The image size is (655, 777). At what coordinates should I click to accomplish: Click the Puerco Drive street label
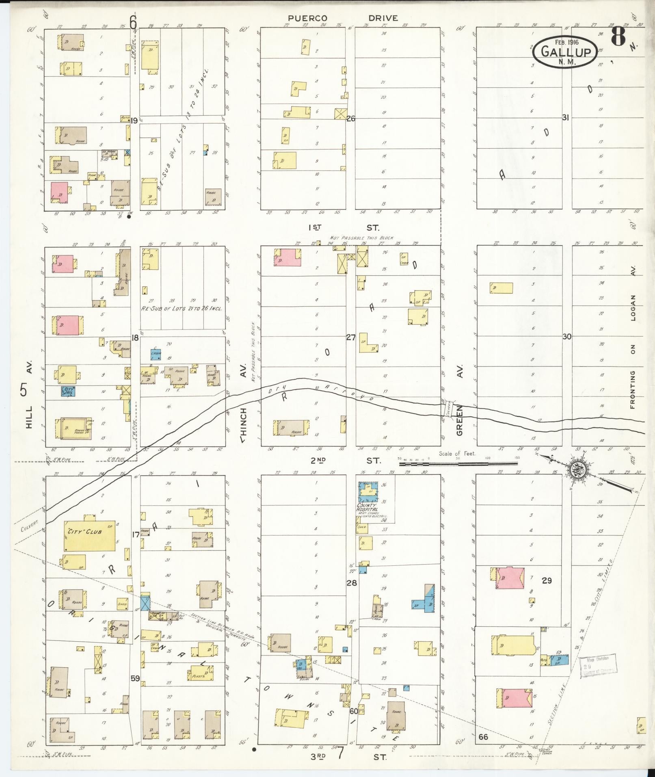pos(343,18)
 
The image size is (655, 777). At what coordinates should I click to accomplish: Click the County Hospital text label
pos(367,507)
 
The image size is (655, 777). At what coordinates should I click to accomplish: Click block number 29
pos(547,581)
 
